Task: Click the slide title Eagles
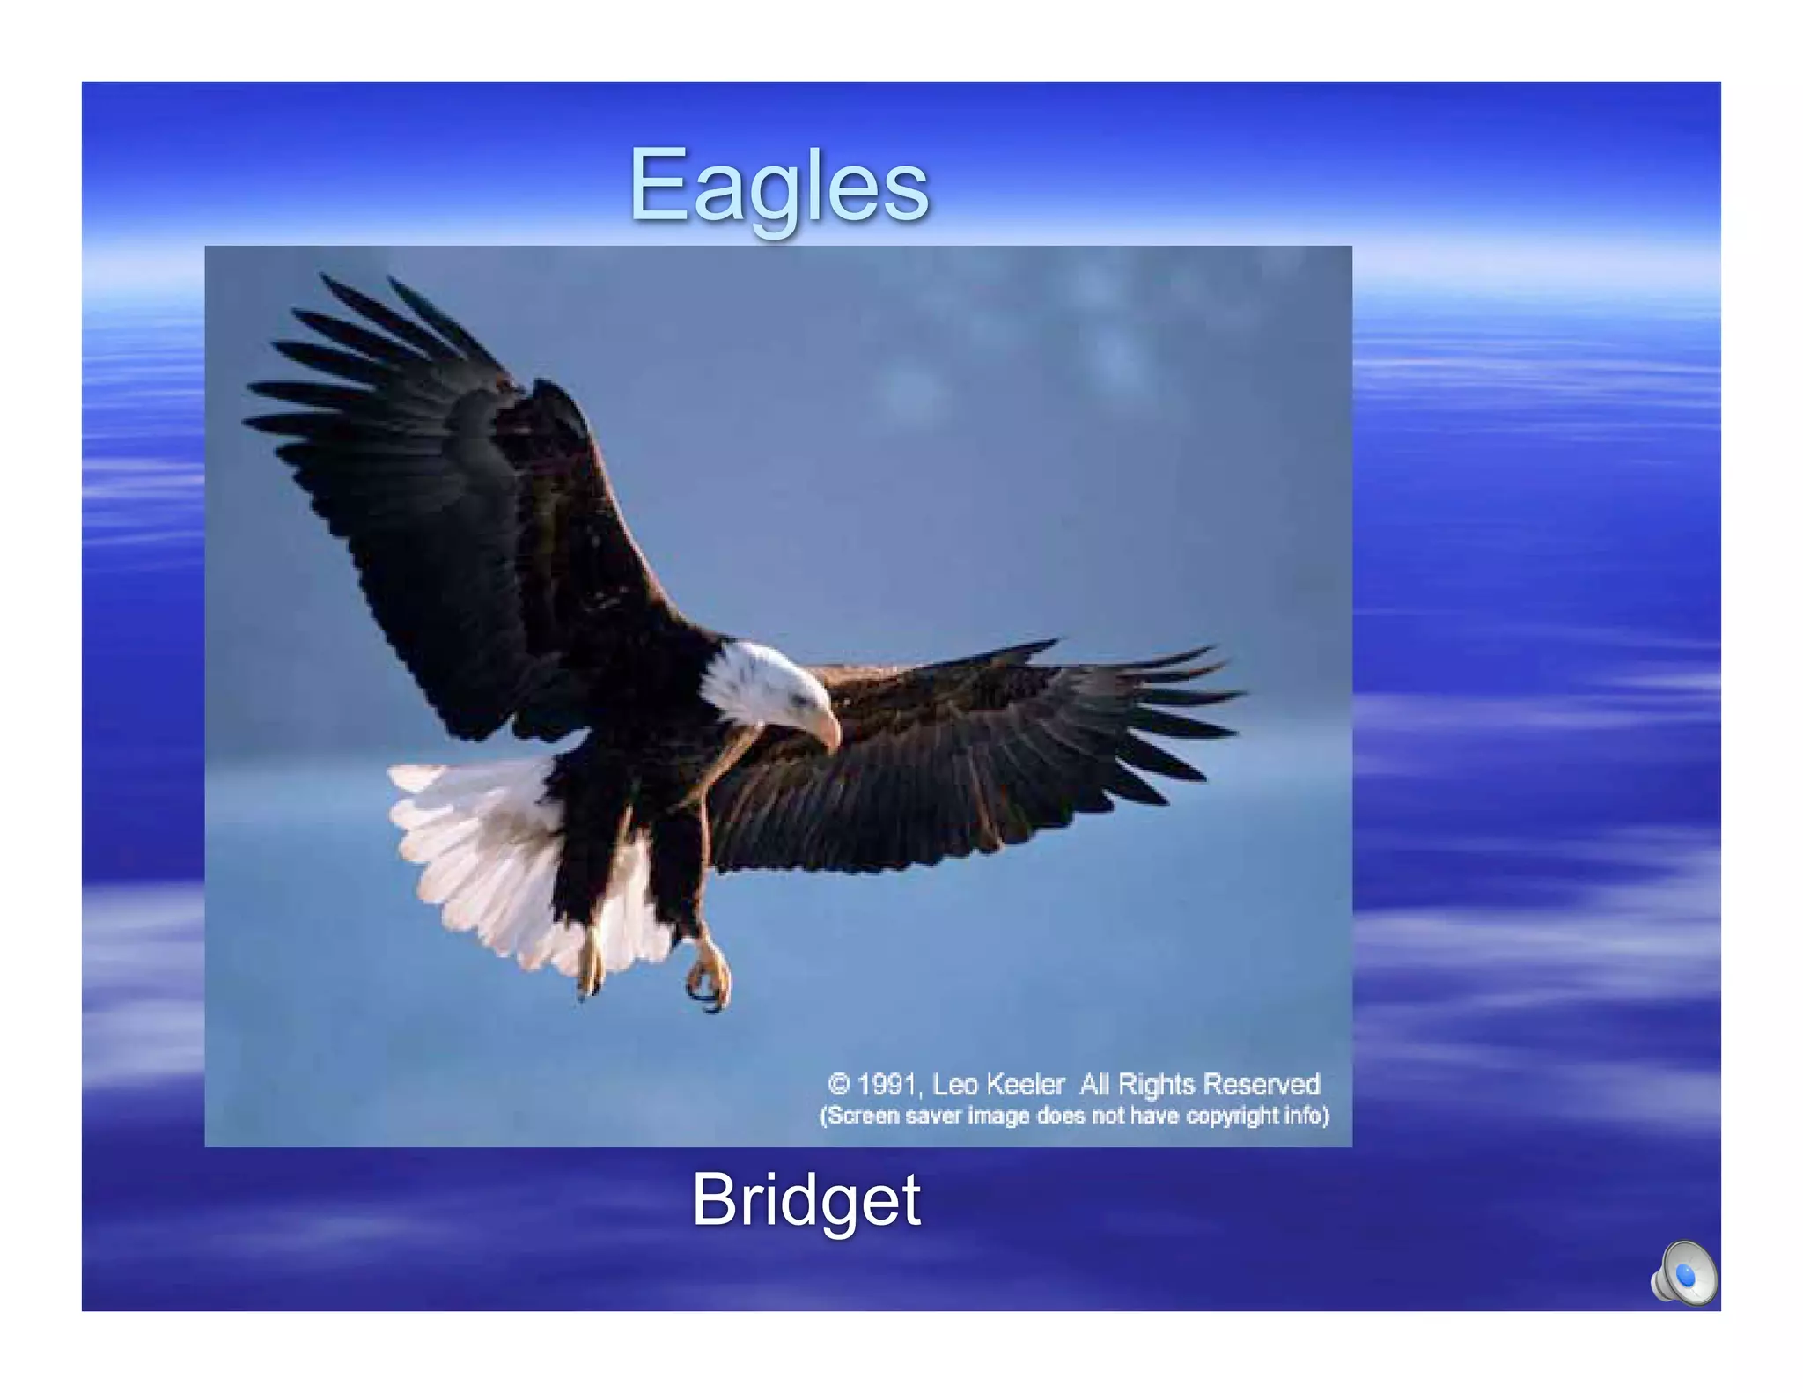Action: [x=778, y=187]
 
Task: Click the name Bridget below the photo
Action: [x=806, y=1199]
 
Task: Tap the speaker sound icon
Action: [x=1682, y=1273]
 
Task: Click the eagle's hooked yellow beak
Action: [x=828, y=730]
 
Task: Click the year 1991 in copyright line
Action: [x=887, y=1084]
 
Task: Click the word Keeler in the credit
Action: [x=1025, y=1084]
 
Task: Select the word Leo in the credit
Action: [x=954, y=1084]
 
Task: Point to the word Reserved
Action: [x=1261, y=1084]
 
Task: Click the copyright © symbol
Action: [x=838, y=1084]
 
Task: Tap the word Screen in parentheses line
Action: [x=861, y=1116]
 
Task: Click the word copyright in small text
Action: [x=1231, y=1116]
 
